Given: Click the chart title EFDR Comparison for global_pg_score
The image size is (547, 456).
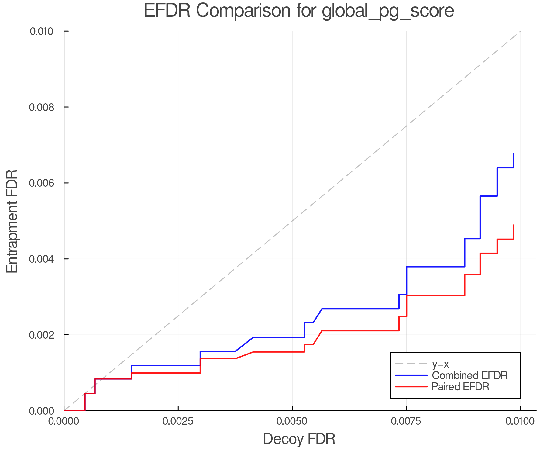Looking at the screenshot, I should [299, 11].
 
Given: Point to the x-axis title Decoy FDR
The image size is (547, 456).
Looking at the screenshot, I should [299, 439].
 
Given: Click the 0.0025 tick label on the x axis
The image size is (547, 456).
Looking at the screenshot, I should [178, 421].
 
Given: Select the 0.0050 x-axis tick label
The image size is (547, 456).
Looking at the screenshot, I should [292, 421].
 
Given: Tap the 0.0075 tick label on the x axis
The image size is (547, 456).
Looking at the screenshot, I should [406, 421].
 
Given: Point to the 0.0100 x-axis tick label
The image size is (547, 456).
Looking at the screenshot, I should [520, 421].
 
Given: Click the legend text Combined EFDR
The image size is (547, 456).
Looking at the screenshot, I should [470, 375].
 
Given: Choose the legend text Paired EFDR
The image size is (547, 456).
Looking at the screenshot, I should [460, 387].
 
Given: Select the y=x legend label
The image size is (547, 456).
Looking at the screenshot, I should [440, 364].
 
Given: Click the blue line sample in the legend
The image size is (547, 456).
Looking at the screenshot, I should [411, 375].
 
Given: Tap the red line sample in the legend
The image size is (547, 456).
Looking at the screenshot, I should [411, 387].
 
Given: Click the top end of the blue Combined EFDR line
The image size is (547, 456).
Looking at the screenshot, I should [514, 154].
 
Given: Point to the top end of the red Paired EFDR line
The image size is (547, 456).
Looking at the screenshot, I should [514, 225].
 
